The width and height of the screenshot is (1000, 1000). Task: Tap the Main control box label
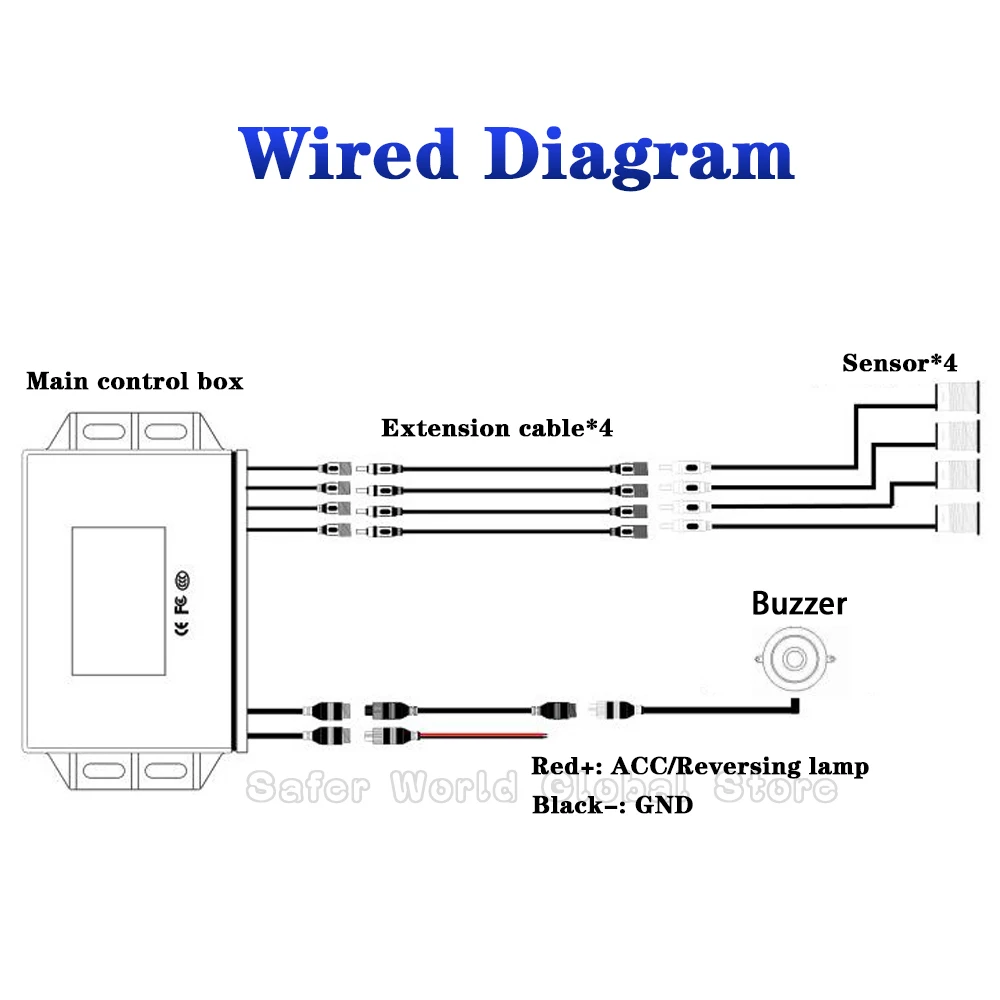pos(134,381)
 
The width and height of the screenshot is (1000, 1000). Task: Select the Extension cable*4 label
pos(496,428)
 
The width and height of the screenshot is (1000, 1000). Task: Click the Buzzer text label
pos(799,603)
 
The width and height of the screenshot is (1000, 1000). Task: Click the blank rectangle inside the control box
pos(117,601)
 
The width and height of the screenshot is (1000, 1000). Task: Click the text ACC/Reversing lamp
pos(740,767)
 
